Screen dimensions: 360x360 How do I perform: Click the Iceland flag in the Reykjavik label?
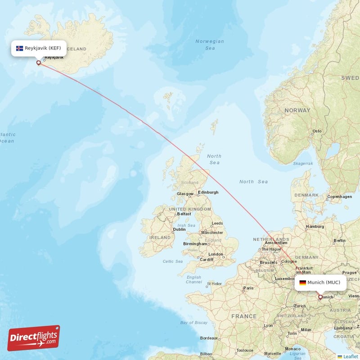pos(19,48)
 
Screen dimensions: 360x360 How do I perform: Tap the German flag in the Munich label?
pos(302,283)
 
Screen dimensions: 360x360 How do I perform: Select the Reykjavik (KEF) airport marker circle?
pos(38,63)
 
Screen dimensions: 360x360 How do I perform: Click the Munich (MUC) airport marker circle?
pos(320,297)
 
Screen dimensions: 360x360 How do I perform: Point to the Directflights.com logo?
pos(33,338)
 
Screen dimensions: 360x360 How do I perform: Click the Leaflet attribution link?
pos(350,356)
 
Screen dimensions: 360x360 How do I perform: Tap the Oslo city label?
pos(317,131)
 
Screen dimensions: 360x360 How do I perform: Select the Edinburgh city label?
pos(208,192)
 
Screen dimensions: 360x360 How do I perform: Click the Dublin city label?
pos(179,229)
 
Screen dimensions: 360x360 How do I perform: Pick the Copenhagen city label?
pos(340,197)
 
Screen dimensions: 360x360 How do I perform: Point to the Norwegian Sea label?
pos(210,45)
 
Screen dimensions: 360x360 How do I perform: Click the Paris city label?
pos(248,288)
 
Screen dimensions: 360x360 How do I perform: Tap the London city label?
pos(216,254)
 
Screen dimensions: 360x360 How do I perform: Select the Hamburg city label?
pos(315,226)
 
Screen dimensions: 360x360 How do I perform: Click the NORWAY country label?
pos(297,110)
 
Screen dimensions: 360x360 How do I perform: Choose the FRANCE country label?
pos(243,316)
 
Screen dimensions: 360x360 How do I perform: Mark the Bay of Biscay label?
pos(193,323)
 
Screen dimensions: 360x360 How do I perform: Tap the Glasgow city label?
pos(185,193)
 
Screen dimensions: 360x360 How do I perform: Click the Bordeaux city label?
pos(209,338)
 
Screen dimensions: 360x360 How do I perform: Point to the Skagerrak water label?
pos(302,163)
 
